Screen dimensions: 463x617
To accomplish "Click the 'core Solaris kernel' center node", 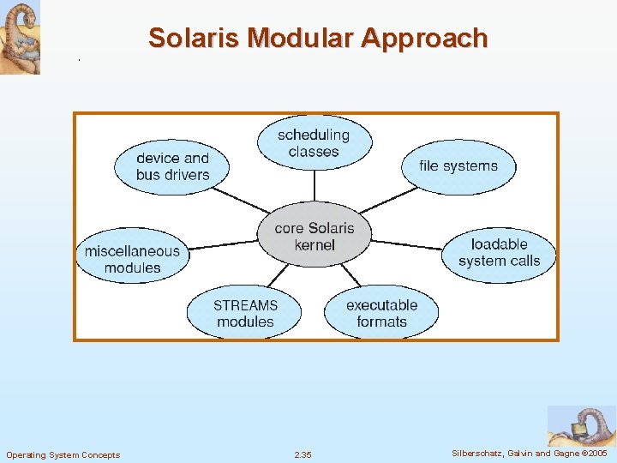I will [x=314, y=237].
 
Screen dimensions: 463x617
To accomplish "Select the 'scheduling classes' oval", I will [x=314, y=143].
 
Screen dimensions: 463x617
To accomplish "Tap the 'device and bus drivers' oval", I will [x=172, y=166].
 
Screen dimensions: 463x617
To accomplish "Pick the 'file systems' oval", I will [x=458, y=165].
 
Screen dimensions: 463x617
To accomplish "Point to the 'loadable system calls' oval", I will [x=499, y=253].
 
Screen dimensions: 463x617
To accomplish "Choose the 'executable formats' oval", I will [x=381, y=313].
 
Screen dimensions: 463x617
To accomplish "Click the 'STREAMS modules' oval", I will [x=245, y=313].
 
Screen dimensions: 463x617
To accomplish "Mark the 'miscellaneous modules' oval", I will [x=133, y=259].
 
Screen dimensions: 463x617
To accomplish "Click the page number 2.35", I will [x=303, y=454].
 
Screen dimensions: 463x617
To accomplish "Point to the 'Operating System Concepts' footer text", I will [x=63, y=454].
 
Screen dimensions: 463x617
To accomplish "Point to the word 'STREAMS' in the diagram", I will [x=246, y=305].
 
